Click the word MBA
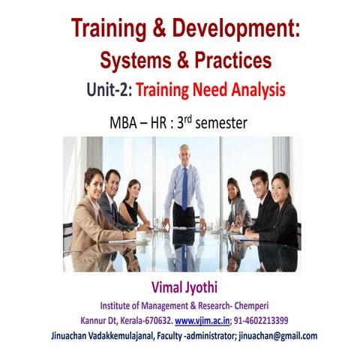(127, 121)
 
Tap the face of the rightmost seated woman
(280, 183)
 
